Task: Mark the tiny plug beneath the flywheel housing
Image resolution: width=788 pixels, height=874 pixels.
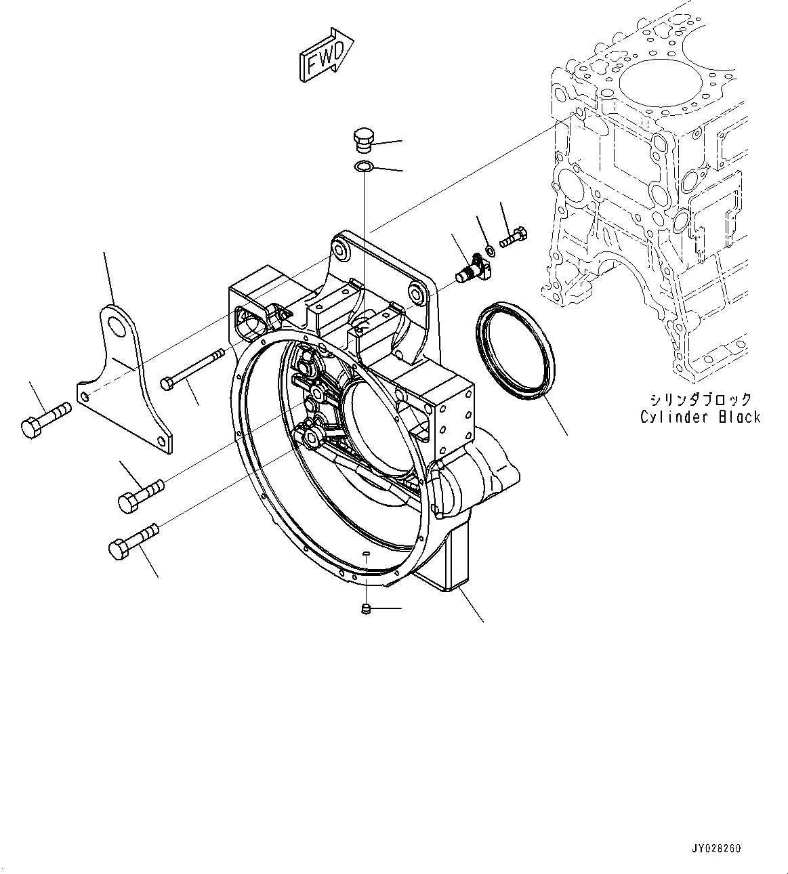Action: pos(366,608)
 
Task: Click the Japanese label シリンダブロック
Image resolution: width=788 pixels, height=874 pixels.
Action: pos(700,399)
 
